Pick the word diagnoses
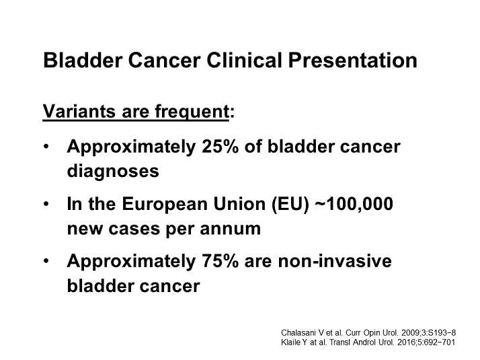[x=113, y=170]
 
